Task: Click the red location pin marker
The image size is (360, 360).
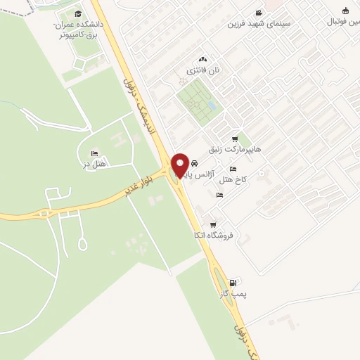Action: pos(180,165)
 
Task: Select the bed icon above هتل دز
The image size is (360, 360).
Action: pos(94,153)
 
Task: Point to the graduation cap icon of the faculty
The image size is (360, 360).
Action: pos(77,14)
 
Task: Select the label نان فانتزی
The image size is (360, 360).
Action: pos(203,70)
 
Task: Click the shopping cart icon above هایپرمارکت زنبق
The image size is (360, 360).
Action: pos(235,139)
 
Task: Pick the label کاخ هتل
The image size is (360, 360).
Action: pos(234,180)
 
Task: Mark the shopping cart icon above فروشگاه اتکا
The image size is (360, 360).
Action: pos(213,224)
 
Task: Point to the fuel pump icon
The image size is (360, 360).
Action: pos(233,283)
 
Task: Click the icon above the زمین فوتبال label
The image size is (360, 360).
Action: pos(345,11)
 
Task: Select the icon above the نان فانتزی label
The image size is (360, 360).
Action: pos(203,60)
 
